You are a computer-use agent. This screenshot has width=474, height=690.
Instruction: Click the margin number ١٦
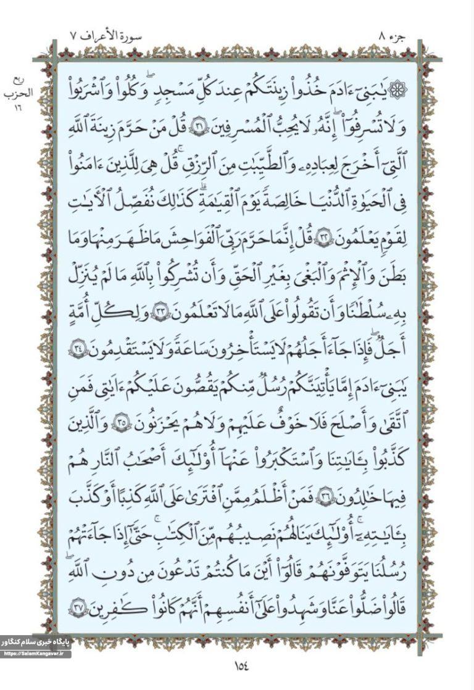(20, 106)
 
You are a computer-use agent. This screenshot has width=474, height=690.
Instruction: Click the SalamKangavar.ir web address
(36, 654)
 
